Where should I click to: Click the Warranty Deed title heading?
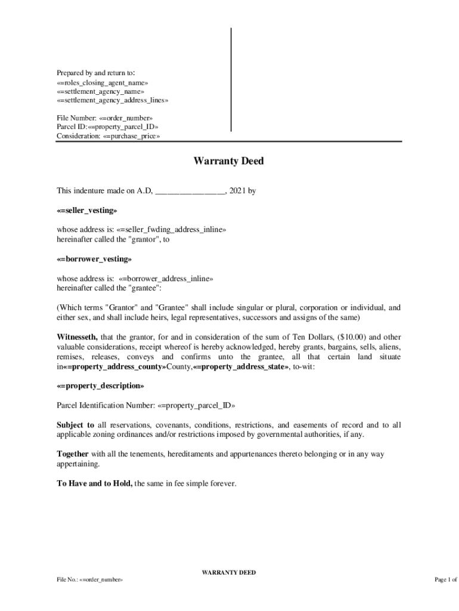tap(228, 161)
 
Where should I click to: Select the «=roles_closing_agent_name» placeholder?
tap(102, 82)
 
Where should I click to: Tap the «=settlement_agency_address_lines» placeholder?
tap(112, 100)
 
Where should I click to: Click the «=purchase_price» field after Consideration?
tap(131, 136)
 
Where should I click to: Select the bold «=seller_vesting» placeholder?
tap(87, 211)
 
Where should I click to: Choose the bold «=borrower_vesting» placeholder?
tap(94, 260)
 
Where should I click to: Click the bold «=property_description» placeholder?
tap(100, 385)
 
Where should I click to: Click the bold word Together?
tap(73, 454)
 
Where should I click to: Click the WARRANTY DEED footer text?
tap(229, 572)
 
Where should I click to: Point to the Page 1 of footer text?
tap(445, 579)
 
